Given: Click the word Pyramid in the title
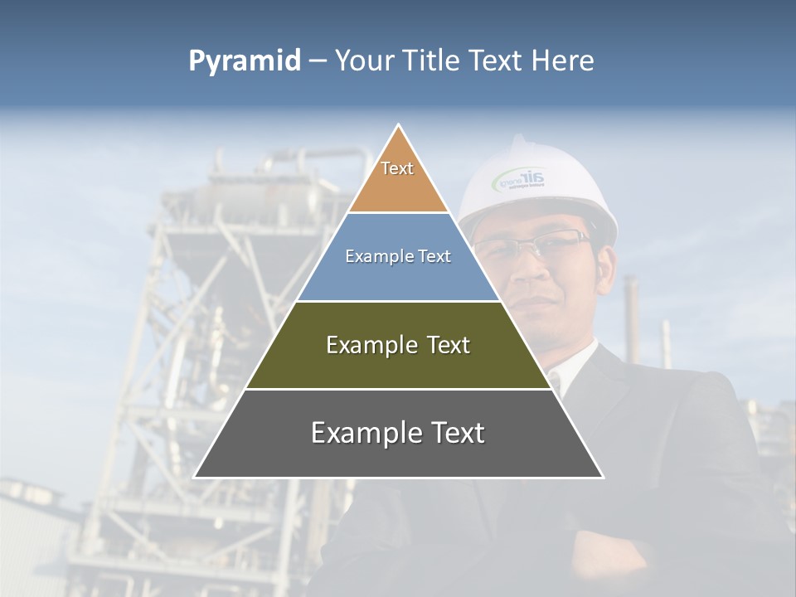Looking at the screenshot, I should tap(244, 61).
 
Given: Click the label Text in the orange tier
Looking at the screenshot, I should tap(397, 168).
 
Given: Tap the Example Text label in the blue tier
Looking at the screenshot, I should tap(398, 256).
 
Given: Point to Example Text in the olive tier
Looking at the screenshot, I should tap(398, 345).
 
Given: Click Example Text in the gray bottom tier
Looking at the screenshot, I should tap(398, 433).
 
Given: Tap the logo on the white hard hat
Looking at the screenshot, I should tap(520, 179).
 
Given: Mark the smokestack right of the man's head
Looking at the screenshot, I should tap(633, 307).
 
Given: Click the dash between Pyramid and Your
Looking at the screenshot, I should tap(318, 61).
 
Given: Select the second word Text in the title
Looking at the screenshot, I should tap(496, 61).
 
